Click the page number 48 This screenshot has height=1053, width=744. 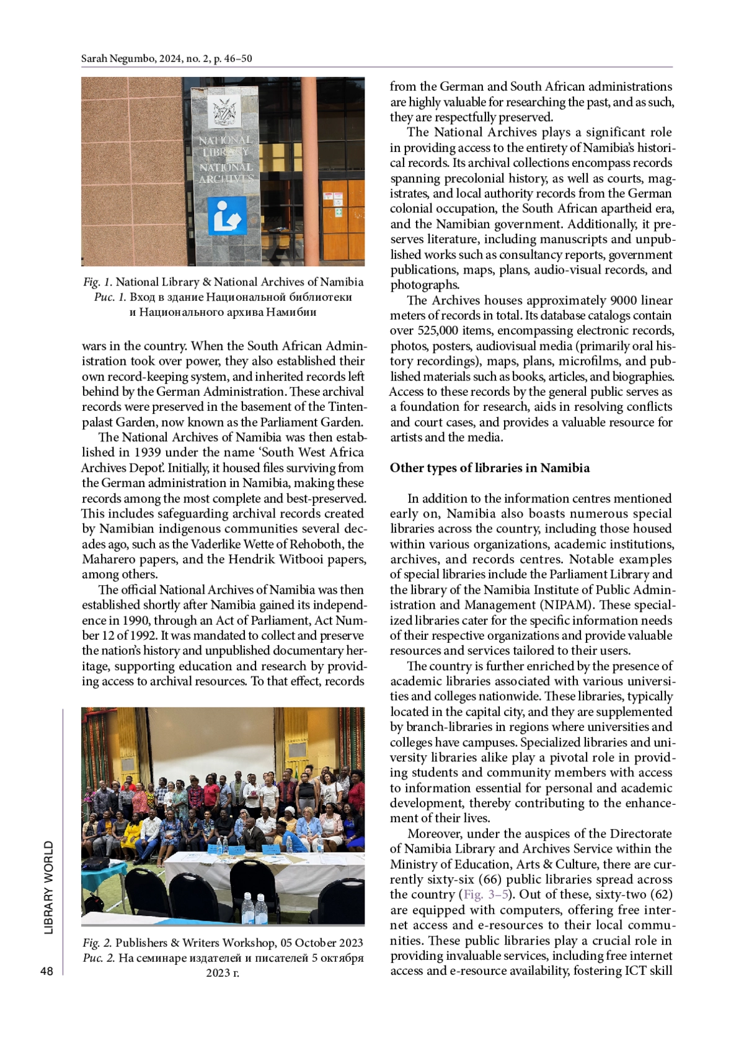[46, 971]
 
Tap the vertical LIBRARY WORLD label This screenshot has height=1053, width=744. [49, 887]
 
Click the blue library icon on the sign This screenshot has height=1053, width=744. [227, 217]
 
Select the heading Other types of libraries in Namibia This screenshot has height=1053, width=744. [489, 468]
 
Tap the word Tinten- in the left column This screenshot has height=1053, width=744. [345, 407]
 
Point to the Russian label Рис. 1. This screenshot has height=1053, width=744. [110, 297]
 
